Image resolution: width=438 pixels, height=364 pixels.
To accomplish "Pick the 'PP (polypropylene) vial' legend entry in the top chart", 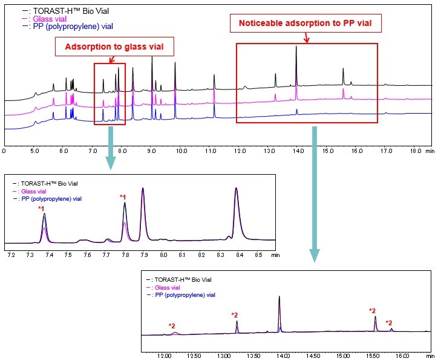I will pyautogui.click(x=70, y=27).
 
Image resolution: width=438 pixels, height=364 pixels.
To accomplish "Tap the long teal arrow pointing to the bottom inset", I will pyautogui.click(x=314, y=193).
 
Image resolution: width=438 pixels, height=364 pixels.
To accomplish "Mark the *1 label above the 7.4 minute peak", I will pyautogui.click(x=42, y=209).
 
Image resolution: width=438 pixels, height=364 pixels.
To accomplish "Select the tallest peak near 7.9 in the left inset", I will pyautogui.click(x=143, y=190).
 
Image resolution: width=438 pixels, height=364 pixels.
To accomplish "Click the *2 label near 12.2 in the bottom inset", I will pyautogui.click(x=172, y=326).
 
